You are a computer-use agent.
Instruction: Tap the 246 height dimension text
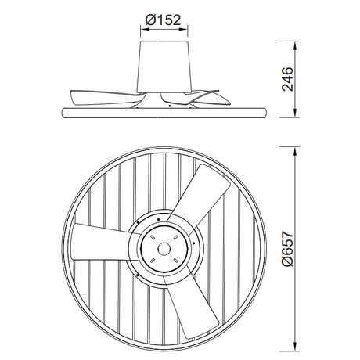(x=291, y=78)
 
